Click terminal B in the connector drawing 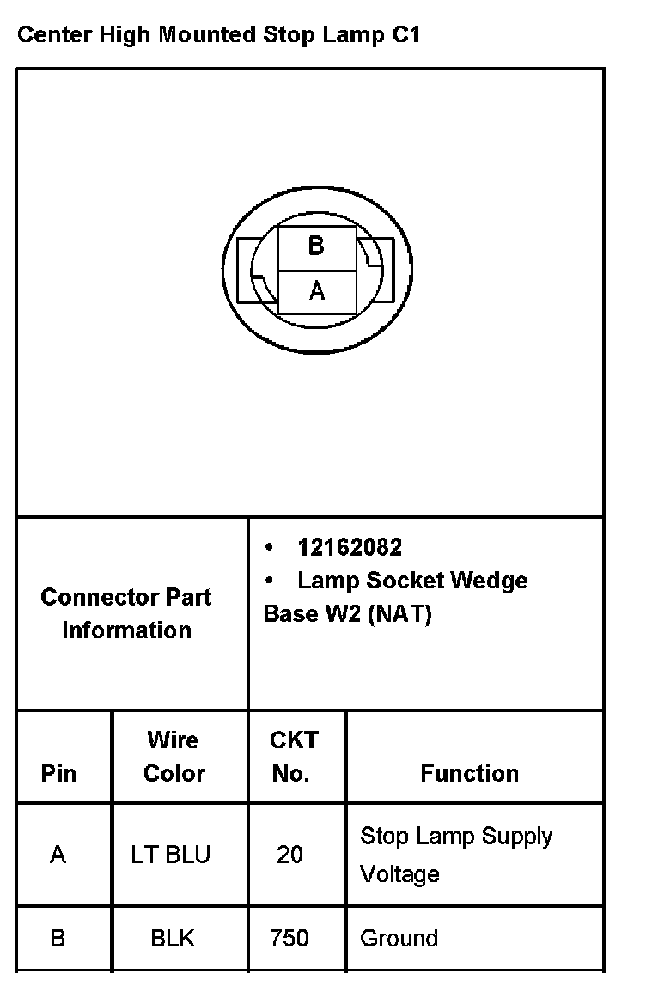coord(316,246)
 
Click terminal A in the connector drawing coord(316,292)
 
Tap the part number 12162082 coord(350,547)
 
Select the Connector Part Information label coord(126,613)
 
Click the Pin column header coord(58,773)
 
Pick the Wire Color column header coord(174,757)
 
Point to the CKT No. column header coord(293,757)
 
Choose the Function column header coord(469,773)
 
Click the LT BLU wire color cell coord(170,855)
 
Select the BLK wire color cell coord(173,938)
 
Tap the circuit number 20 coord(289,855)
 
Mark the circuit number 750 coord(289,938)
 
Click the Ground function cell coord(399,938)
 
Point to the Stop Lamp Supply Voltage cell coord(455,855)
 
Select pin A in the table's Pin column coord(58,855)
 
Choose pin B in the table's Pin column coord(58,938)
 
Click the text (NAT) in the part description coord(399,614)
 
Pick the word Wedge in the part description coord(488,581)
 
